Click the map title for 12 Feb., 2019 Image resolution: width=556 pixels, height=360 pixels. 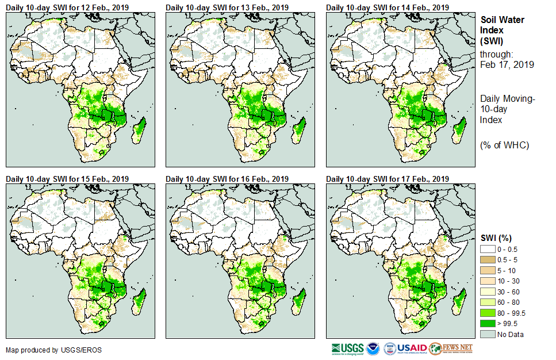[67, 7]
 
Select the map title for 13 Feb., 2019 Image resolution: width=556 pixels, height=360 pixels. [227, 7]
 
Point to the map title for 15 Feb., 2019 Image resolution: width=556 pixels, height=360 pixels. [67, 179]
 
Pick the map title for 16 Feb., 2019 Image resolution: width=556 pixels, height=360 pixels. [227, 179]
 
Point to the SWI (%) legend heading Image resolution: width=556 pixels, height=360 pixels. [496, 238]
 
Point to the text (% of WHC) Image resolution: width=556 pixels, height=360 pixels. [504, 145]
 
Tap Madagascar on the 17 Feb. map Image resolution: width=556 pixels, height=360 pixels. [459, 302]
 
